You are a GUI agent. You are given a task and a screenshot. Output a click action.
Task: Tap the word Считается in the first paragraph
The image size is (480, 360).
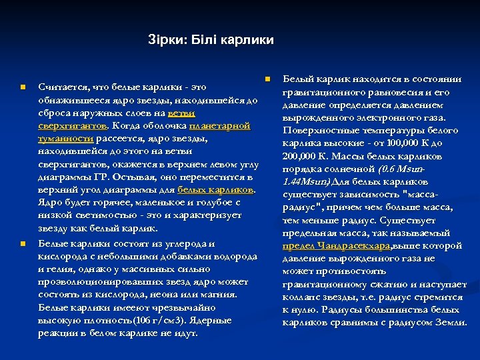coord(64,87)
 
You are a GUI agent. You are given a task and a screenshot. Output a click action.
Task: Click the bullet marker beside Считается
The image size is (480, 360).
coord(23,87)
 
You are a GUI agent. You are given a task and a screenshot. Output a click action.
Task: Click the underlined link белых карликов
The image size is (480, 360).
coord(216,189)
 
